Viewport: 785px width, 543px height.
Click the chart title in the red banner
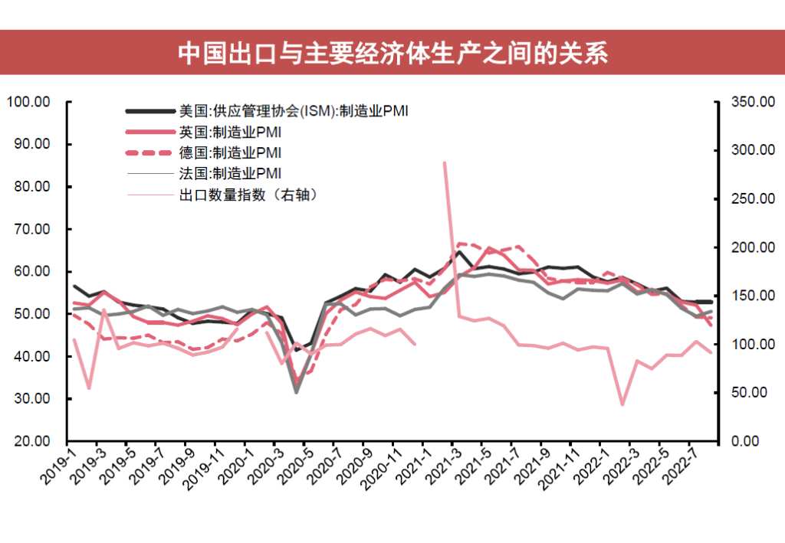[392, 53]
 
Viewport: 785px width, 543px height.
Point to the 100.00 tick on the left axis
[28, 102]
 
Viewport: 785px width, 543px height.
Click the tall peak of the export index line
[445, 162]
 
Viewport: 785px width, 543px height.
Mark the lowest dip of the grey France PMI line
[296, 392]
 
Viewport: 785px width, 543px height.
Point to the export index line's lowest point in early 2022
[622, 404]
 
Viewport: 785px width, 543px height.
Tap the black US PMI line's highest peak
[459, 251]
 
